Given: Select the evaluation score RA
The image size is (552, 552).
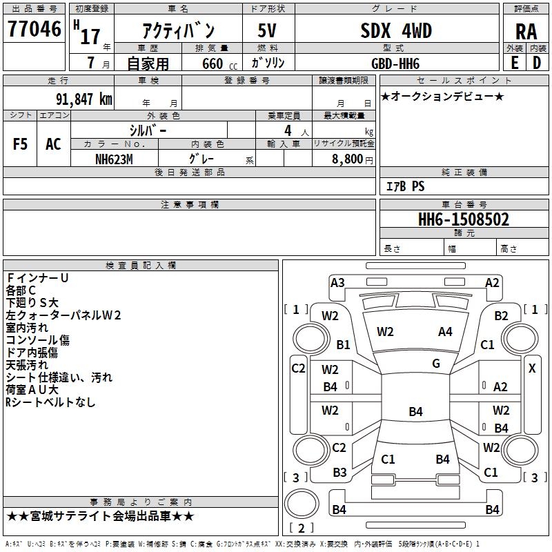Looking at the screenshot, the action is pyautogui.click(x=526, y=31).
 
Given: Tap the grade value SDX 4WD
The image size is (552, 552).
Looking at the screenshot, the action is pyautogui.click(x=395, y=30).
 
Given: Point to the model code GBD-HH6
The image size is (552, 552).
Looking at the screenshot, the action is pyautogui.click(x=395, y=63).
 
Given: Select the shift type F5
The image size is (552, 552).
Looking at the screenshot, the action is pyautogui.click(x=20, y=144).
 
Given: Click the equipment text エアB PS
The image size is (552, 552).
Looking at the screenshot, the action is pyautogui.click(x=405, y=186).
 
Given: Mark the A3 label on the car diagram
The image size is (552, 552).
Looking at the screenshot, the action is pyautogui.click(x=337, y=282).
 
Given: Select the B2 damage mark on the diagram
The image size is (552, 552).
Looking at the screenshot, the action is pyautogui.click(x=501, y=315).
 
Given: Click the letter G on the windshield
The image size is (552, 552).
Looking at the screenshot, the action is pyautogui.click(x=435, y=363).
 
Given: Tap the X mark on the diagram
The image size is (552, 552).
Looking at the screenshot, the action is pyautogui.click(x=532, y=368).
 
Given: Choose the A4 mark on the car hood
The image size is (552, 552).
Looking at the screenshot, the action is pyautogui.click(x=445, y=332).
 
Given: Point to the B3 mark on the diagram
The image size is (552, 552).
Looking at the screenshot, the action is pyautogui.click(x=339, y=473).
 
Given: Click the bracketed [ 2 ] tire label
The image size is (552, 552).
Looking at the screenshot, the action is pyautogui.click(x=299, y=529).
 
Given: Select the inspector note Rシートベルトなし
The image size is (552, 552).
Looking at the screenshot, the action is pyautogui.click(x=50, y=402).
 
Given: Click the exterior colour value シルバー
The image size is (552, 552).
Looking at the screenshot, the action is pyautogui.click(x=148, y=130).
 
